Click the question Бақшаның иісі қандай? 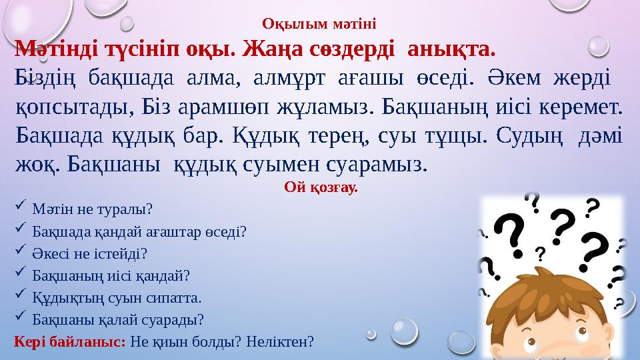[x=111, y=275]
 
